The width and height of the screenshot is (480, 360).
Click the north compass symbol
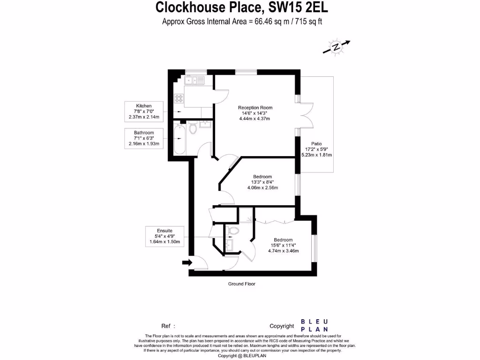tap(336, 47)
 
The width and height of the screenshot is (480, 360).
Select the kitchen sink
tap(195, 80)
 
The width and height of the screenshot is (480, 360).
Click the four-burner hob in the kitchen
tap(179, 98)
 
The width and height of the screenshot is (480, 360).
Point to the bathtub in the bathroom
tap(179, 139)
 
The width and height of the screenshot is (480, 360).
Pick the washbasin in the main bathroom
tap(205, 125)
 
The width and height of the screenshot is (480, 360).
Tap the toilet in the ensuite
tap(232, 231)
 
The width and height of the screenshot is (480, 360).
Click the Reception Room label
tap(255, 108)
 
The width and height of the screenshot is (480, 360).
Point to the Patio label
tap(316, 144)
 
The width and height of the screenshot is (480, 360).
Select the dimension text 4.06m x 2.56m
tap(262, 188)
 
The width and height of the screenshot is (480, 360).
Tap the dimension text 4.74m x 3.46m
tap(283, 251)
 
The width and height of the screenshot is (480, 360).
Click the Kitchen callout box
tap(144, 111)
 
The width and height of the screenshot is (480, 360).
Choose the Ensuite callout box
tap(165, 237)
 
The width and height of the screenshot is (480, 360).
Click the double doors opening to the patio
tap(306, 115)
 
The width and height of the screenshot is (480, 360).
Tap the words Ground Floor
tap(241, 284)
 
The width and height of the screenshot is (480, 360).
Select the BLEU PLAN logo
tap(314, 325)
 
